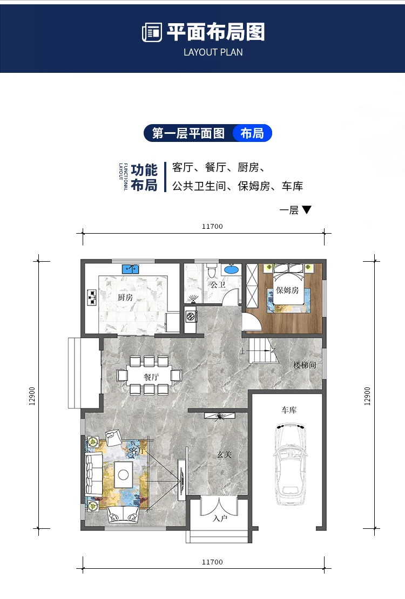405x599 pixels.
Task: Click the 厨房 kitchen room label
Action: click(x=125, y=297)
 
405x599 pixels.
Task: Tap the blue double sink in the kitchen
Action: click(x=131, y=268)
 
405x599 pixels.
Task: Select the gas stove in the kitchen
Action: click(x=91, y=297)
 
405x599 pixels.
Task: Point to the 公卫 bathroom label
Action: click(x=218, y=284)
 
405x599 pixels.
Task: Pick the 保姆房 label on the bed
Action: click(x=287, y=290)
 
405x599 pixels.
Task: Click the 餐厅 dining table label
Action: click(x=151, y=377)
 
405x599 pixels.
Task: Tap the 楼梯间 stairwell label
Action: click(x=304, y=365)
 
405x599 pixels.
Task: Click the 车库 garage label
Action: click(x=288, y=410)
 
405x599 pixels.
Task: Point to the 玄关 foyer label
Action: click(x=224, y=455)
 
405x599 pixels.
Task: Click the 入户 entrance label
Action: click(x=219, y=519)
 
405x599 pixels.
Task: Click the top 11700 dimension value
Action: click(x=212, y=227)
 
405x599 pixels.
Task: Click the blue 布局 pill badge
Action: click(x=252, y=133)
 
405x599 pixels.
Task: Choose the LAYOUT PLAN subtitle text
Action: click(x=213, y=52)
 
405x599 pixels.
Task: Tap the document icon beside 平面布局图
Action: click(x=152, y=32)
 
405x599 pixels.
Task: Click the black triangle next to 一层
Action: click(x=307, y=210)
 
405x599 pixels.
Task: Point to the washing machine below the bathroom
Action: click(x=190, y=317)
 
